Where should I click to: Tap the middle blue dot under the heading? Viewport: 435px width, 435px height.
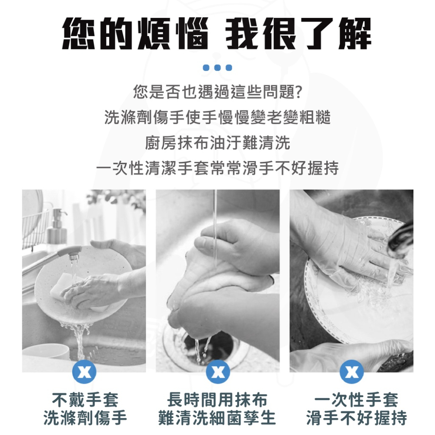coord(217,68)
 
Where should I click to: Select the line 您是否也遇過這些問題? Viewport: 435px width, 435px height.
coord(217,92)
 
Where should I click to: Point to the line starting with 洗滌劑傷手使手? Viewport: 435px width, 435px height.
coord(217,117)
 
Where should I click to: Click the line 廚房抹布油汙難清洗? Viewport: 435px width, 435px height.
coord(217,142)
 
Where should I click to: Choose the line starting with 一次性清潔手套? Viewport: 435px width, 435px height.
coord(217,167)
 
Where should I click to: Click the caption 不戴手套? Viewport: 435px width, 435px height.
coord(84,399)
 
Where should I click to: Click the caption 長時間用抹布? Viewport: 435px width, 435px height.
coord(217,399)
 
